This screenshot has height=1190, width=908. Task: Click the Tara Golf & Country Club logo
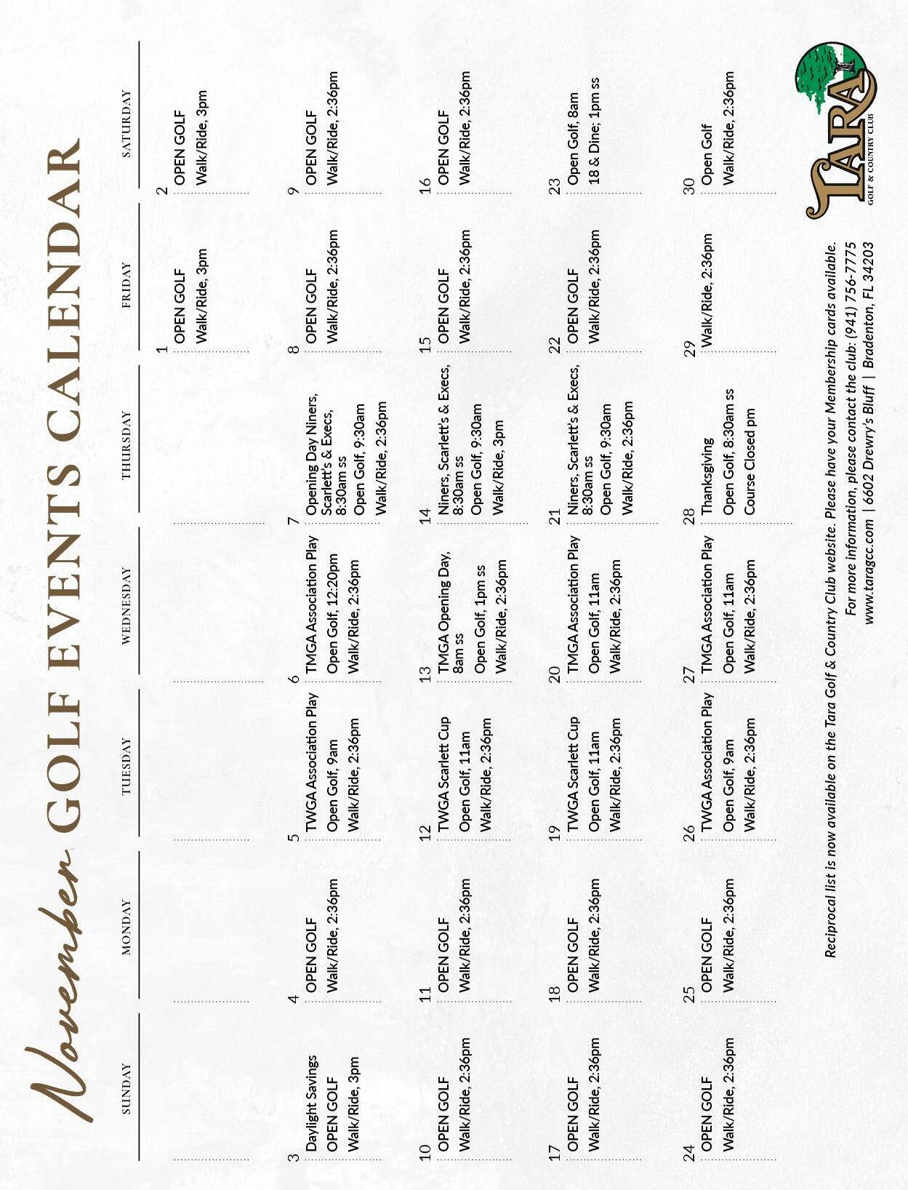[840, 131]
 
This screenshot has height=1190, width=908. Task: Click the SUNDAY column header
[126, 1089]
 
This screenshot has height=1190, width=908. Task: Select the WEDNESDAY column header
[126, 606]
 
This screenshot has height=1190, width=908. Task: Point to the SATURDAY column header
[126, 124]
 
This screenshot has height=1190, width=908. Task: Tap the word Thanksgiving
[707, 476]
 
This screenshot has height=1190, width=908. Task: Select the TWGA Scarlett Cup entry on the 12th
[443, 775]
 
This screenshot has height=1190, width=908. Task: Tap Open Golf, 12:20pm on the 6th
[333, 615]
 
